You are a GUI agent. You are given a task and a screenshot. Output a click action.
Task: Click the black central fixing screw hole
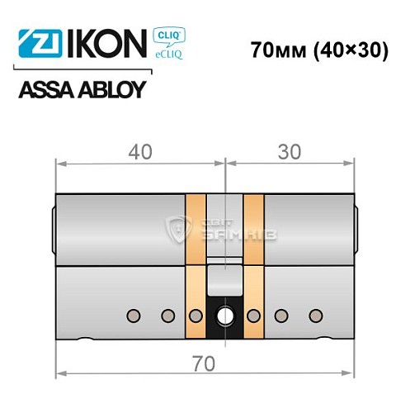tap(224, 315)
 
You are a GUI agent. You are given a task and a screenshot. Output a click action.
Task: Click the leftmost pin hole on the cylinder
tap(132, 315)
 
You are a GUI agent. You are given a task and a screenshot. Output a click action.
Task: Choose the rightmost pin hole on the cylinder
tap(313, 315)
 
